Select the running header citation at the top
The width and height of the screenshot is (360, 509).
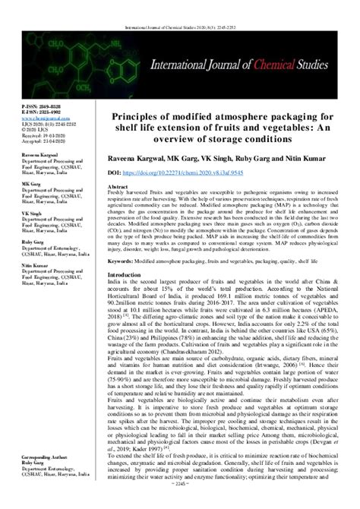[x=181, y=7]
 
